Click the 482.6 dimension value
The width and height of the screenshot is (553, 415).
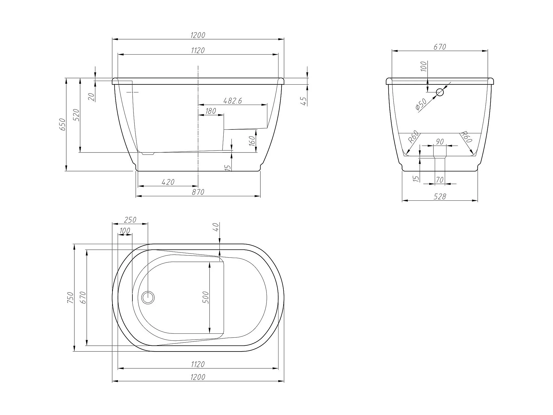click(x=233, y=101)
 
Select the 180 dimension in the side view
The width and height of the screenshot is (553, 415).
click(x=211, y=111)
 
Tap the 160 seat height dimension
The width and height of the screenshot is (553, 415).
click(x=252, y=141)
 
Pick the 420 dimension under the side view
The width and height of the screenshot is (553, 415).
click(x=168, y=182)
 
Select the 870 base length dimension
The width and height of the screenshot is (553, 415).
click(x=198, y=192)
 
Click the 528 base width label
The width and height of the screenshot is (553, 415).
click(x=440, y=197)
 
